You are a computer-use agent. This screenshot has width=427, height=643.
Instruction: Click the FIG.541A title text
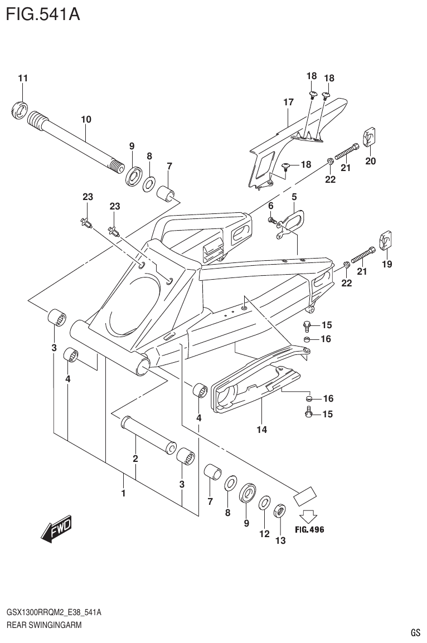(43, 13)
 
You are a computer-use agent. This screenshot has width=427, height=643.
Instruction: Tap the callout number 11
(22, 78)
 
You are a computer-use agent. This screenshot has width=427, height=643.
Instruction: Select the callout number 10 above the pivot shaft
(86, 119)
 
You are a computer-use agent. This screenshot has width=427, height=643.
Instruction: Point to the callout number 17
(288, 102)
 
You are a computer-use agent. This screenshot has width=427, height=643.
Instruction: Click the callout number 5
(294, 196)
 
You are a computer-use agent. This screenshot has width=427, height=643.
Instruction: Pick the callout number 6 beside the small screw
(271, 206)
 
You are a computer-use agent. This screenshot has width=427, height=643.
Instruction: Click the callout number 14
(261, 429)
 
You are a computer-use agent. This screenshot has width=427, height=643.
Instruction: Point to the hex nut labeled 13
(280, 510)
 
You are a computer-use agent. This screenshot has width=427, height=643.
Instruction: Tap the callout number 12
(264, 534)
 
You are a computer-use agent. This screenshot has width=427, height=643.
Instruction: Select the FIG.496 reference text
(309, 529)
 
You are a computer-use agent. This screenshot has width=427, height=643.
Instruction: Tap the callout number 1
(123, 493)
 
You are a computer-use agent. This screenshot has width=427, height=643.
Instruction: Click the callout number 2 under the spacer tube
(135, 459)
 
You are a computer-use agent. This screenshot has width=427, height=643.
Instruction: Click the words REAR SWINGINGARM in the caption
(44, 625)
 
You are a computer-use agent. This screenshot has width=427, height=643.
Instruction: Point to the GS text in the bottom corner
(415, 633)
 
